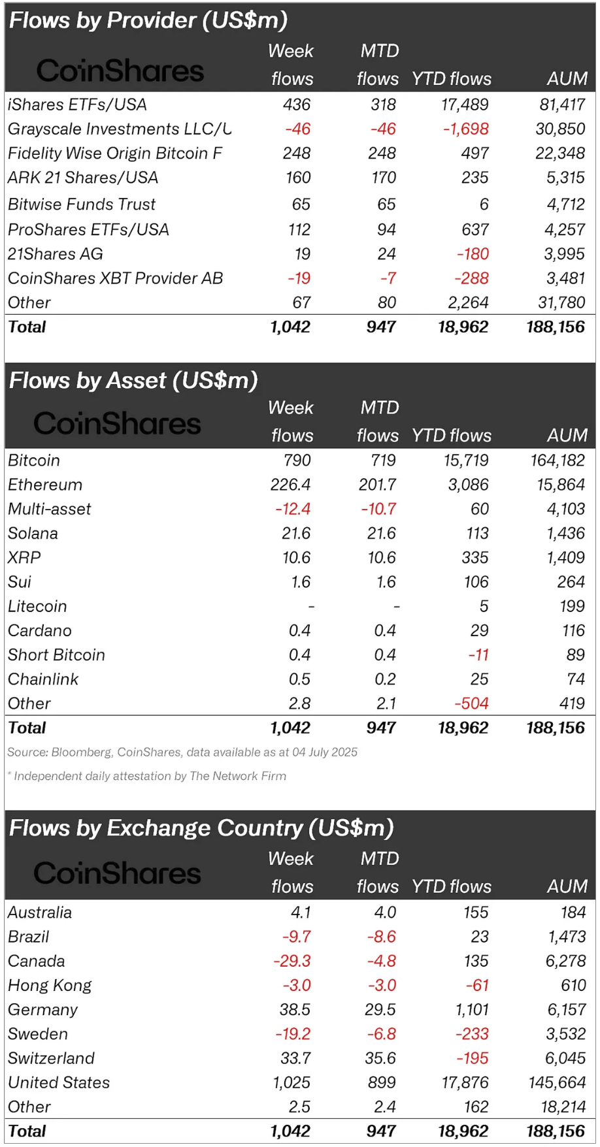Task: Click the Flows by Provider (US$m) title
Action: click(148, 21)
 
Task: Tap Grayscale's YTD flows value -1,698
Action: click(465, 129)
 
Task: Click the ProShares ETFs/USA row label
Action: click(88, 229)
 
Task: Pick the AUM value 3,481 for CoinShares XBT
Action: click(565, 278)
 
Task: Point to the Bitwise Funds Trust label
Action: click(82, 204)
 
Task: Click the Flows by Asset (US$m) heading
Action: click(133, 380)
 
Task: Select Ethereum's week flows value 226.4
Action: click(290, 485)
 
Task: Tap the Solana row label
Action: click(33, 533)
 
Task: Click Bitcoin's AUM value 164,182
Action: click(557, 460)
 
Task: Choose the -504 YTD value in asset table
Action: click(471, 703)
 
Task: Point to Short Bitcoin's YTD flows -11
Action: click(478, 654)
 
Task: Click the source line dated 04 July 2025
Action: click(182, 752)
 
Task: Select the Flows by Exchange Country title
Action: click(201, 828)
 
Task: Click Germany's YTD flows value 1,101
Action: click(472, 1009)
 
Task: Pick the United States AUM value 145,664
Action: click(557, 1082)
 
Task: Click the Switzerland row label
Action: click(51, 1058)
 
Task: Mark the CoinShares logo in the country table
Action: click(118, 873)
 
